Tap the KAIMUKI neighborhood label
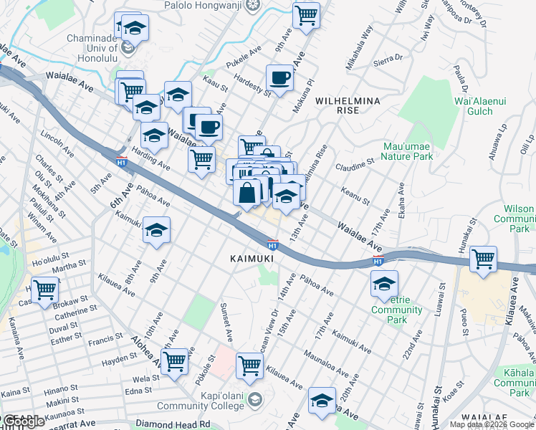tap(249, 257)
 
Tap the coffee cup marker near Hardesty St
tap(280, 77)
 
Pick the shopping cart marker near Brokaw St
tap(44, 290)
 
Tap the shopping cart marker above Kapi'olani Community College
tap(249, 365)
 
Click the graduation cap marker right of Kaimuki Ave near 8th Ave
tap(156, 230)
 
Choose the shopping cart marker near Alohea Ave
tap(173, 361)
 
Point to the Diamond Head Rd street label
tap(176, 424)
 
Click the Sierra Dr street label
tap(389, 60)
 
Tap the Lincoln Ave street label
tap(57, 143)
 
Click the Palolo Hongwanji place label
tap(210, 5)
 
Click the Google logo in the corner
tap(23, 421)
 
